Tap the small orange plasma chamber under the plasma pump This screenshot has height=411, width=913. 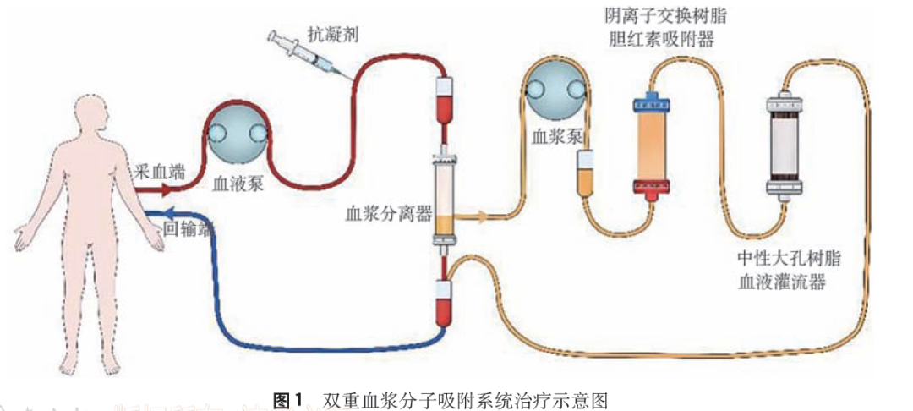point(586,173)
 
